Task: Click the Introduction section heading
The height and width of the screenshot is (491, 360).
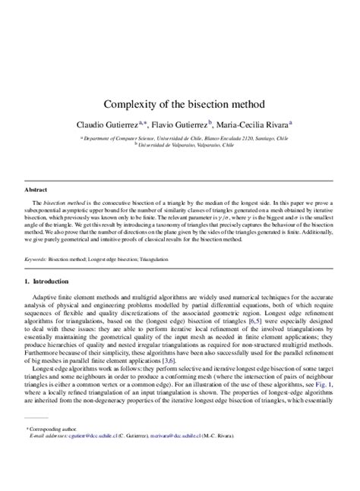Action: tap(52, 282)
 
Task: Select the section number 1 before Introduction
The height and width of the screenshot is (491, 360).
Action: tap(27, 282)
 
